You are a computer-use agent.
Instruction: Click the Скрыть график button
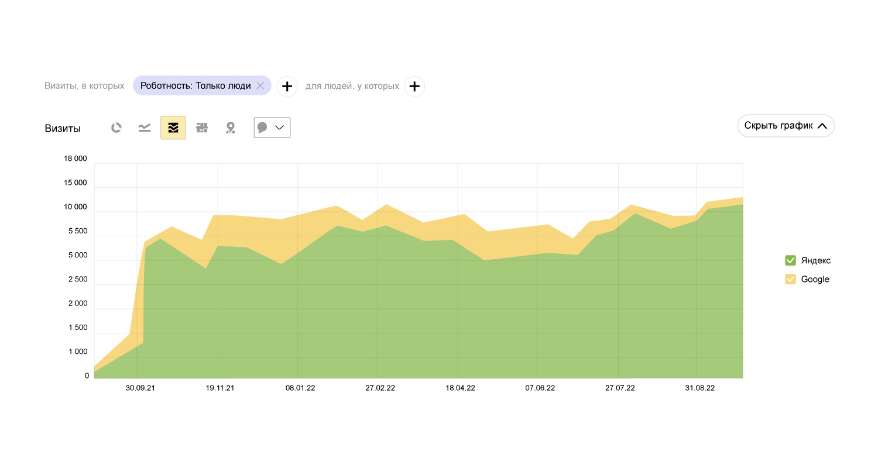[786, 126]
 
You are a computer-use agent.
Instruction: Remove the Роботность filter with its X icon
[260, 86]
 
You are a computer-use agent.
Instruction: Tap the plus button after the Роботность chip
[287, 87]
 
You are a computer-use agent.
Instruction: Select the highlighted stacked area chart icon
[173, 128]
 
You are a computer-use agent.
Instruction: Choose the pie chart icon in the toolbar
[116, 128]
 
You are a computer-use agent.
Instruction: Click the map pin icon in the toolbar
[231, 128]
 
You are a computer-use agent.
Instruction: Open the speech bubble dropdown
[272, 128]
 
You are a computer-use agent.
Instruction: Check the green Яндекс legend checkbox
[790, 260]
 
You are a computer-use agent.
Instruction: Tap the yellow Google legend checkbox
[790, 279]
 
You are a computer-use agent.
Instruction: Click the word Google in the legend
[815, 279]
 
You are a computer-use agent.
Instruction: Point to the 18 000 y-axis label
[75, 159]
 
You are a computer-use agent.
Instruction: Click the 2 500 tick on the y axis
[77, 279]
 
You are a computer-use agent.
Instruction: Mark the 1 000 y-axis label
[77, 352]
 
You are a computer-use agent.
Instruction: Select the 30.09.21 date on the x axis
[140, 388]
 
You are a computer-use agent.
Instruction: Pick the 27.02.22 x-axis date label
[380, 388]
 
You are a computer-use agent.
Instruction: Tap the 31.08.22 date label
[699, 388]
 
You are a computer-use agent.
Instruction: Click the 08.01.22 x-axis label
[300, 388]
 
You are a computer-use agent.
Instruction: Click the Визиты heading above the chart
[63, 129]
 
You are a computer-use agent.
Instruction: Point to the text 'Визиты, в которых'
[84, 86]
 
